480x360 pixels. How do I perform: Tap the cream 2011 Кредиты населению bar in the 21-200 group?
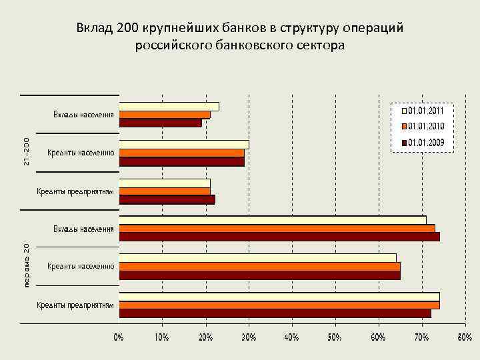pyautogui.click(x=184, y=145)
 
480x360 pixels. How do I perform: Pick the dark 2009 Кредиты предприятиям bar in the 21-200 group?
pyautogui.click(x=167, y=199)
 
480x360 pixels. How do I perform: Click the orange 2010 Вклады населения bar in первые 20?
pyautogui.click(x=277, y=229)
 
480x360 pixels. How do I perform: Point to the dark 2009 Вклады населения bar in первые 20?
pyautogui.click(x=279, y=237)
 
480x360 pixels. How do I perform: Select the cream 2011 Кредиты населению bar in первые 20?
pyautogui.click(x=257, y=258)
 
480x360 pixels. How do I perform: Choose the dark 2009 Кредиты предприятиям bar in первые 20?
pyautogui.click(x=275, y=313)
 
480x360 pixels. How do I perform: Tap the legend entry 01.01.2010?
pyautogui.click(x=427, y=127)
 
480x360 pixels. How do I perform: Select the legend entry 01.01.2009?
pyautogui.click(x=427, y=143)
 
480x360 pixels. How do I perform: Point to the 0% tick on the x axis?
pyautogui.click(x=118, y=337)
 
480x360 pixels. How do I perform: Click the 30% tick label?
pyautogui.click(x=248, y=337)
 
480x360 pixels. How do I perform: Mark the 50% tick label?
pyautogui.click(x=335, y=337)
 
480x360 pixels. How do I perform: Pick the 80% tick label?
pyautogui.click(x=465, y=337)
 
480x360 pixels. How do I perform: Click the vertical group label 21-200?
pyautogui.click(x=26, y=152)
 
